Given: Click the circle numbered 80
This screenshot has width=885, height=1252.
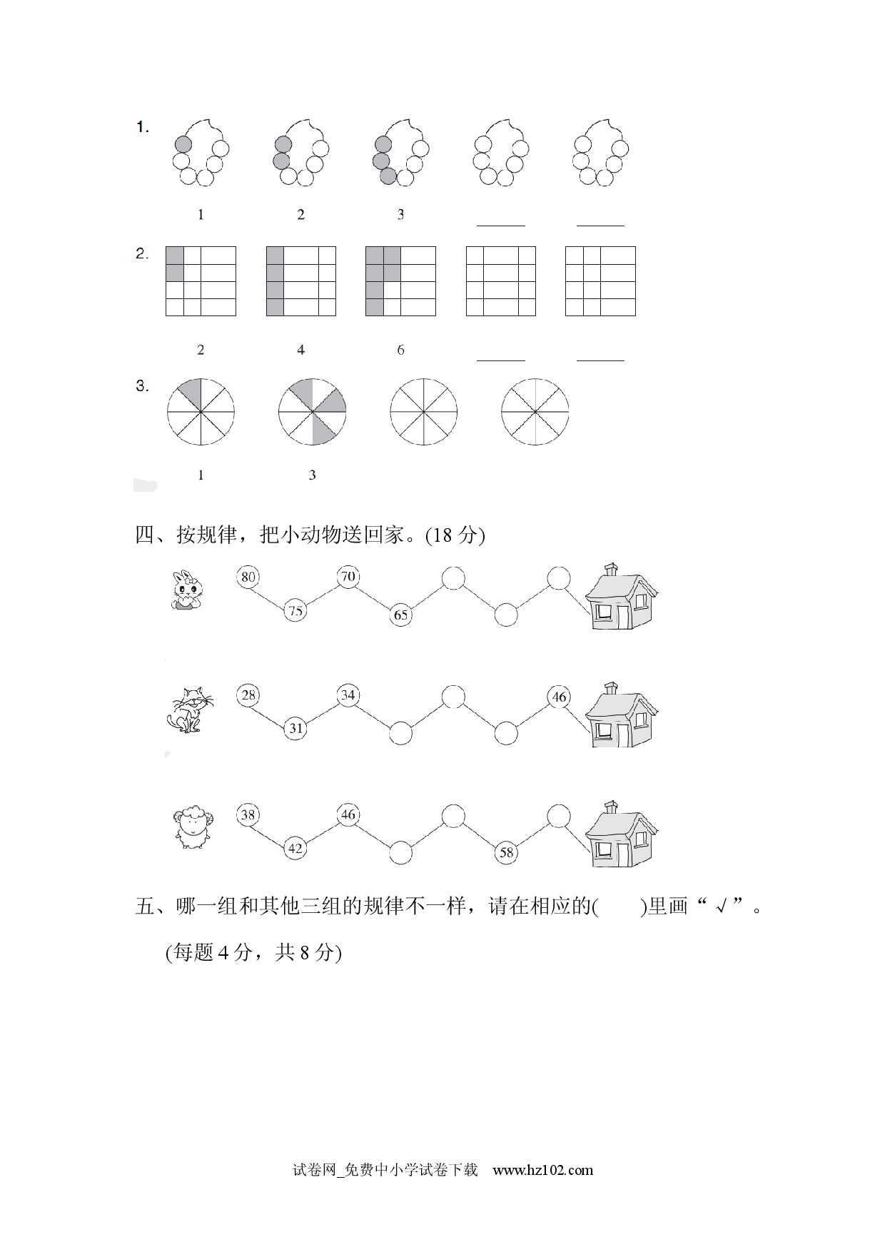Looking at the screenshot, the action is (248, 576).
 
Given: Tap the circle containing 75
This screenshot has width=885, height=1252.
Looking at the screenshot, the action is (295, 610).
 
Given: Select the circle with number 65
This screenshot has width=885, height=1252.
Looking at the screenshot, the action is (401, 615).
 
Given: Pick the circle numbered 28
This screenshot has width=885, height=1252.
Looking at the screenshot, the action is (248, 695).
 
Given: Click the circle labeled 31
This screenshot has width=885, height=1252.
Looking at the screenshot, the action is (295, 728).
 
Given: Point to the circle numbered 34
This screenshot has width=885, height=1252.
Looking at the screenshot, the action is (348, 695).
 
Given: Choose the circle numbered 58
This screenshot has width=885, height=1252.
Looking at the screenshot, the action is (506, 852).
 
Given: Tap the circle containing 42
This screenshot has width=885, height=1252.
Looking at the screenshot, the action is (295, 848).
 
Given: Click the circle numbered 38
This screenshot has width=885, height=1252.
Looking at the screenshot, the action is (248, 814).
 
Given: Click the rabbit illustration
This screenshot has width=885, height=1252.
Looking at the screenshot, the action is (188, 590).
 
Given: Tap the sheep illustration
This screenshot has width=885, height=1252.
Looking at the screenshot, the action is (193, 827).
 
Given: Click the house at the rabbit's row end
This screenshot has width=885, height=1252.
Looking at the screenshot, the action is (621, 596).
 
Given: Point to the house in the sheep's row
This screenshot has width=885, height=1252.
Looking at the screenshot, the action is (621, 834).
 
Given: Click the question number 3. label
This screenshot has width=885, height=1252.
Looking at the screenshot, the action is (143, 386).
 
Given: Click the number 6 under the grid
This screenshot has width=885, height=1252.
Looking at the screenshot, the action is (400, 350).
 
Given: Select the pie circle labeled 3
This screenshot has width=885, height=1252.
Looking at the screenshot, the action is (312, 413).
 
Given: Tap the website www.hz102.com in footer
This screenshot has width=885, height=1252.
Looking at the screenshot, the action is (543, 1169).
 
